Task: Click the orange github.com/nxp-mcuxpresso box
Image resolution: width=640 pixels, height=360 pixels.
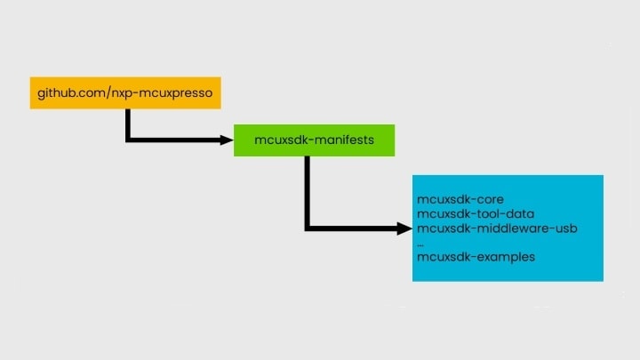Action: pyautogui.click(x=125, y=93)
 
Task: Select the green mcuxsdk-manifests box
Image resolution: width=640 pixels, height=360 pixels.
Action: pyautogui.click(x=315, y=140)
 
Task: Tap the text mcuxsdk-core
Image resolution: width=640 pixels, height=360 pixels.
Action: pyautogui.click(x=460, y=200)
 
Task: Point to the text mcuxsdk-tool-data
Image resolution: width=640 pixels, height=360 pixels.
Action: pyautogui.click(x=476, y=214)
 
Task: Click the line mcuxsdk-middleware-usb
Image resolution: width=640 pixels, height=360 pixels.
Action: pyautogui.click(x=497, y=228)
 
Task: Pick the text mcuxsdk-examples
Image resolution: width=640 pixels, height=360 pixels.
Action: pyautogui.click(x=476, y=257)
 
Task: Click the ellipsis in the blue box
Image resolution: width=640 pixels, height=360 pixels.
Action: pyautogui.click(x=420, y=245)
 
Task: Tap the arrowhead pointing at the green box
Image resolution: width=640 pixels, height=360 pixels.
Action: pyautogui.click(x=227, y=140)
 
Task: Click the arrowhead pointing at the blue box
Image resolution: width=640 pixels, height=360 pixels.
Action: pyautogui.click(x=405, y=228)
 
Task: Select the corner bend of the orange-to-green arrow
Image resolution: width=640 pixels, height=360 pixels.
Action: pyautogui.click(x=128, y=140)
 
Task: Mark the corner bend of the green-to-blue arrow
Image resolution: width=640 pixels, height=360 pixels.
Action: pyautogui.click(x=307, y=228)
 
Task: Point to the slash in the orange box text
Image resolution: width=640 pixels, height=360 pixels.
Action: pyautogui.click(x=109, y=93)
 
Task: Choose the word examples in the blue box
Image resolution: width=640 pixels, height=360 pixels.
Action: pyautogui.click(x=506, y=257)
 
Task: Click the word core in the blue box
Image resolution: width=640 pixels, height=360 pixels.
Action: pyautogui.click(x=490, y=200)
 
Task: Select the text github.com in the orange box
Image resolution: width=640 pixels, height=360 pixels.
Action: pyautogui.click(x=71, y=93)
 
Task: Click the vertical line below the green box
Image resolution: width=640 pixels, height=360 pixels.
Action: pyautogui.click(x=307, y=192)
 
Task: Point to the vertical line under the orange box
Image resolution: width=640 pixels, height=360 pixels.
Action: pyautogui.click(x=128, y=124)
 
